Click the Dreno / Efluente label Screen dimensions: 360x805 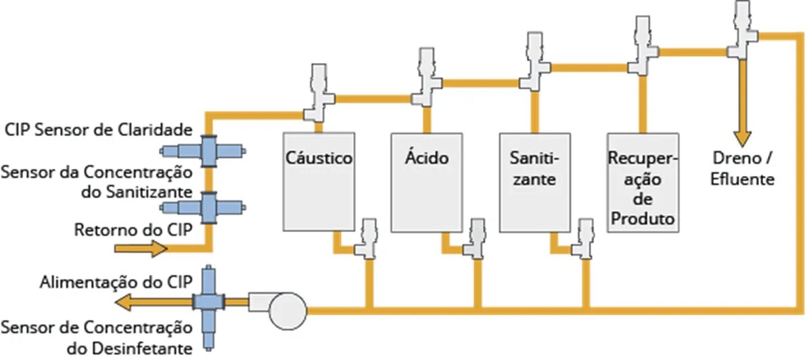(743, 170)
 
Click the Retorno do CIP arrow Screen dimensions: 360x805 (141, 248)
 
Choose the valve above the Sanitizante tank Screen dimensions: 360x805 (534, 58)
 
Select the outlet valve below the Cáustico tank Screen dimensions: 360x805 (369, 239)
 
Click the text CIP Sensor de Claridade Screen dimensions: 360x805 (99, 129)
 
